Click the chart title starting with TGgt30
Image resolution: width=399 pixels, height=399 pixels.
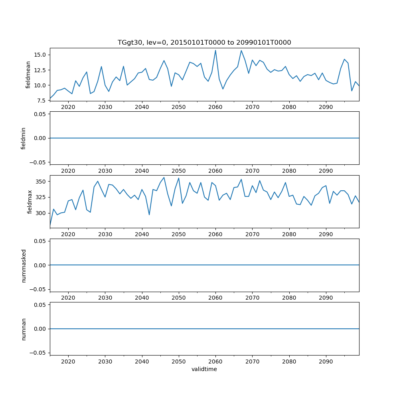point(204,42)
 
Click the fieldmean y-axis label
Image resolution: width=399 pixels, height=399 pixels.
point(28,74)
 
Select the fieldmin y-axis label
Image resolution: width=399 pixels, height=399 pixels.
point(23,138)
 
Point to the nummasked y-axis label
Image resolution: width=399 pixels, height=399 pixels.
point(23,265)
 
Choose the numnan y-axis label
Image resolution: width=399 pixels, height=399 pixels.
point(23,329)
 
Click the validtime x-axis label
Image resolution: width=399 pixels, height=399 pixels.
point(204,369)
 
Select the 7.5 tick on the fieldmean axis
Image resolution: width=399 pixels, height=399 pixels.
point(42,101)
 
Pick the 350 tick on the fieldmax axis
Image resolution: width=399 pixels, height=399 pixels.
point(41,182)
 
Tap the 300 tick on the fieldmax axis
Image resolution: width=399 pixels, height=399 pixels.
point(41,213)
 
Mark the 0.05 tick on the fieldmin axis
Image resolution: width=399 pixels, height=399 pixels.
point(41,114)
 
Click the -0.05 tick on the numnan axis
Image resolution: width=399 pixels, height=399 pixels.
point(39,353)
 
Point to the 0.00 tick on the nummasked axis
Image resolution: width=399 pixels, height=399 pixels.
point(41,265)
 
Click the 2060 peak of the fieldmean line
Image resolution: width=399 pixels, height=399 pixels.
point(215,50)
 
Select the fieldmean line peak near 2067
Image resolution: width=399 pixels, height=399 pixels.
point(241,50)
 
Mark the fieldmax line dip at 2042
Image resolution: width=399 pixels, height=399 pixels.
point(149,215)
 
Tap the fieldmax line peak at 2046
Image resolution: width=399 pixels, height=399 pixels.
point(164,178)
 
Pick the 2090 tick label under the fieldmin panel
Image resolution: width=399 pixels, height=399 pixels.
point(326,171)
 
